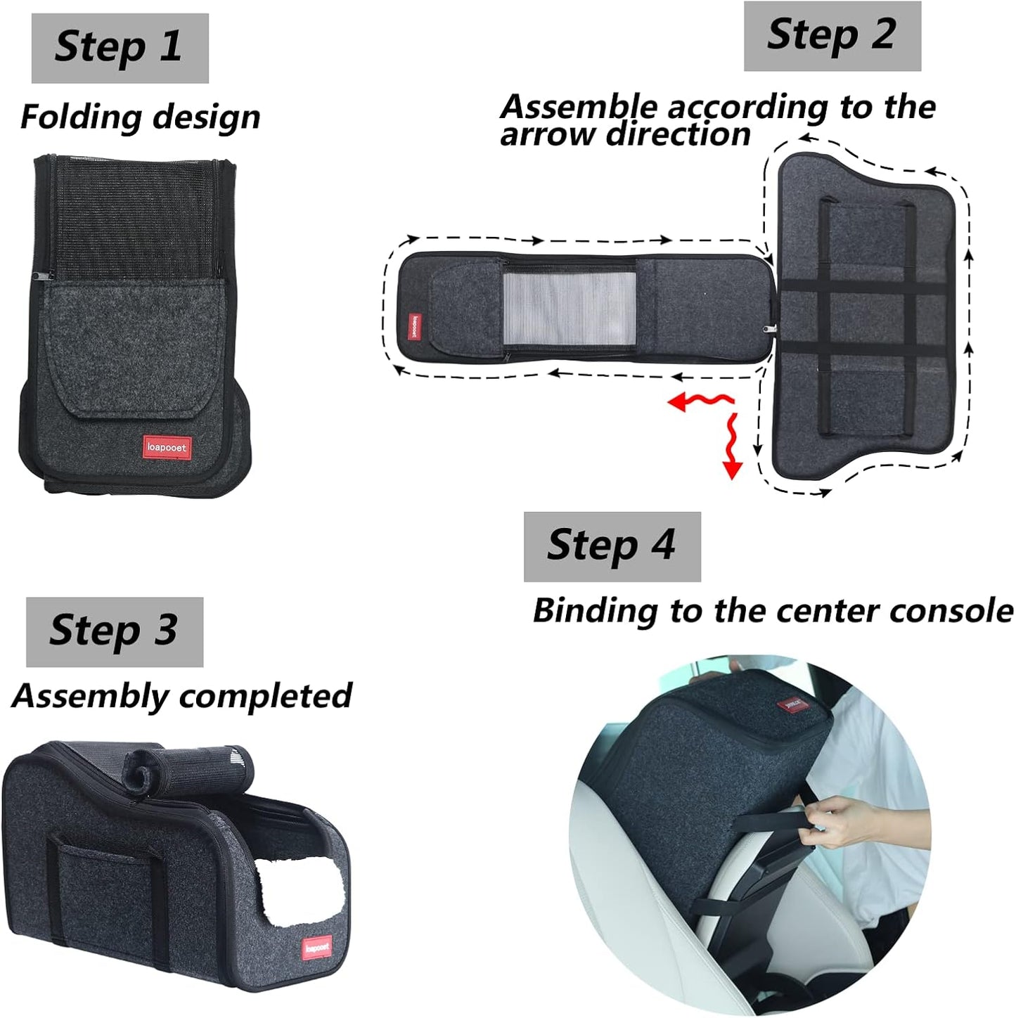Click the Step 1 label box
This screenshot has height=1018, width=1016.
pos(120,48)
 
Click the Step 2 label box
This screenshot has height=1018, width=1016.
pos(832,36)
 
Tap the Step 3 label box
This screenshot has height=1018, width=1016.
pos(115,631)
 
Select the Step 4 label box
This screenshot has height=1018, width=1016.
pos(612,546)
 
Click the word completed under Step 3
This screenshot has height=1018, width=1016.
pos(266,696)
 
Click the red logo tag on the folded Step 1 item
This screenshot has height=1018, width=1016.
pos(167,447)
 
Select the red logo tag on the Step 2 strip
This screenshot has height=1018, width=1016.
pos(415,326)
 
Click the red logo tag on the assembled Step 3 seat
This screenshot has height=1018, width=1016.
pos(317,948)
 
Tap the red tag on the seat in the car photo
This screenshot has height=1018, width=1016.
pos(794,704)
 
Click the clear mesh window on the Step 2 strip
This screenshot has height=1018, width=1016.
pos(570,307)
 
